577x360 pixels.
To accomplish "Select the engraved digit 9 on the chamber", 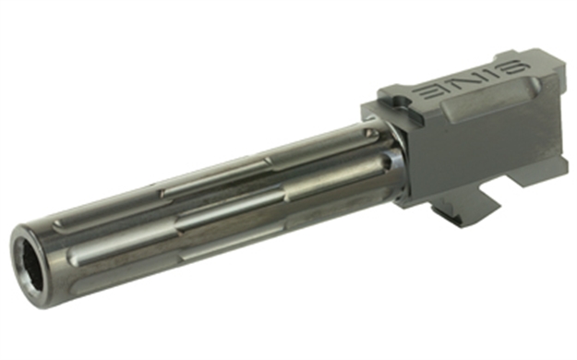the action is coord(517,68).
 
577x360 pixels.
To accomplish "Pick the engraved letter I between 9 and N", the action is coord(492,75).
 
